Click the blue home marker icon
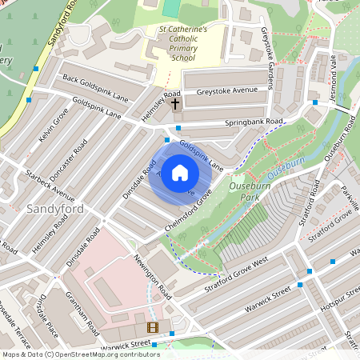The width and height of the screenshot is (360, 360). click(x=180, y=173)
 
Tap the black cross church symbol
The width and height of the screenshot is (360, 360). click(x=175, y=104)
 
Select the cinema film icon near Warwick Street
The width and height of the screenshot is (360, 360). click(x=152, y=326)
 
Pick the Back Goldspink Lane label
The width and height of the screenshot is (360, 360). click(x=95, y=87)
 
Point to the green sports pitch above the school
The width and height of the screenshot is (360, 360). click(x=170, y=8)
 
